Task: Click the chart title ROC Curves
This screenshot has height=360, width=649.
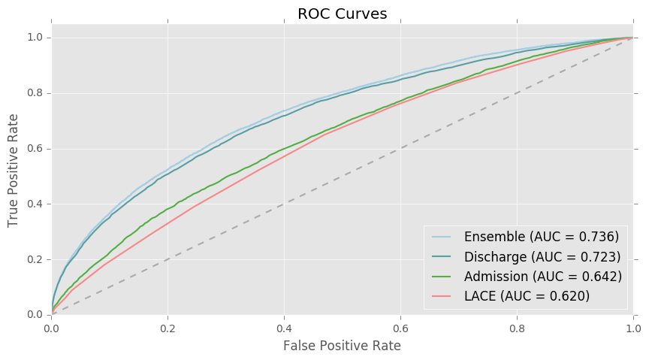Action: click(342, 14)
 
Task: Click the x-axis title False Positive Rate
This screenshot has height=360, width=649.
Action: click(342, 346)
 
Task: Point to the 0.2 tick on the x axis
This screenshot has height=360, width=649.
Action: click(168, 328)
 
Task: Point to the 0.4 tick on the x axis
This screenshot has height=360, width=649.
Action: click(284, 328)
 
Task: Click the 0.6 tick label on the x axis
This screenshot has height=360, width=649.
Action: click(400, 328)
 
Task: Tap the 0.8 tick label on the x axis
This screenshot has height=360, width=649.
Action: click(517, 328)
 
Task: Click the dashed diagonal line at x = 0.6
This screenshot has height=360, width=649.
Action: click(400, 148)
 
